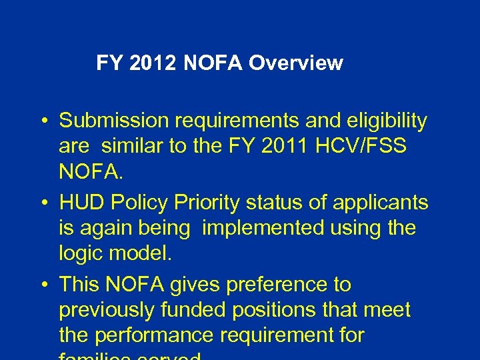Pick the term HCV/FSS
pos(372,147)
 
